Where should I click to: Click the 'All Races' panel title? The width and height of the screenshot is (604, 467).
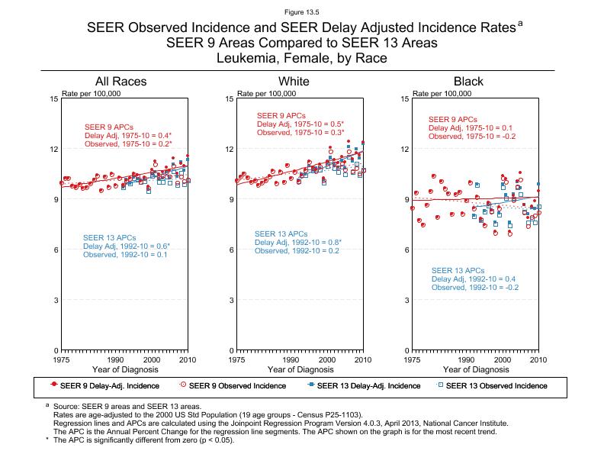pos(120,82)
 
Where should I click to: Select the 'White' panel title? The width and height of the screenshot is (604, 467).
pos(294,82)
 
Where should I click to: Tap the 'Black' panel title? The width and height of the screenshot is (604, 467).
pos(468,82)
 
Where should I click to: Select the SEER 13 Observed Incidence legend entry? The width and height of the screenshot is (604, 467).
pos(496,385)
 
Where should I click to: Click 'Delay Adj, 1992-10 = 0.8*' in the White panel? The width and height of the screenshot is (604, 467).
pos(298,243)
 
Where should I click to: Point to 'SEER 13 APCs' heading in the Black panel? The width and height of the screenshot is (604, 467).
pos(458,271)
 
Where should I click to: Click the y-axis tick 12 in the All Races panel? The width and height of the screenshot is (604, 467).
pos(54,150)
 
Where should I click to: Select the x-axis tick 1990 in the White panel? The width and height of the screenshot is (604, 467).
pos(291,359)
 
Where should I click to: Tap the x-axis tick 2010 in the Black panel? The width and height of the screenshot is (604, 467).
pos(538,359)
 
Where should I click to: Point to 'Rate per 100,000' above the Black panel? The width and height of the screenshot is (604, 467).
pos(442,94)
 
